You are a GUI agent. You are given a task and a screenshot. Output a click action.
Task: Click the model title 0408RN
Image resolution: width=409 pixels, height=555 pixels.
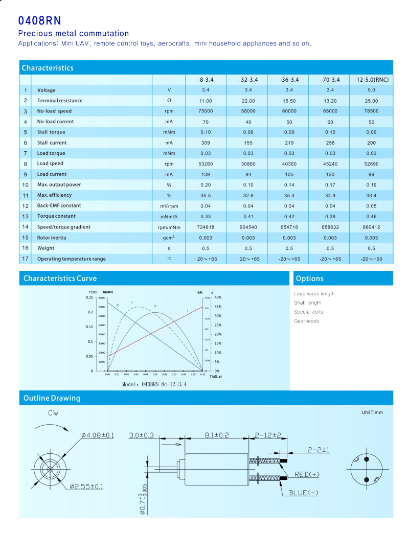tap(39, 20)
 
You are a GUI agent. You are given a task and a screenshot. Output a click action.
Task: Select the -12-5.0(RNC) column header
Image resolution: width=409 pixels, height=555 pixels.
tap(371, 80)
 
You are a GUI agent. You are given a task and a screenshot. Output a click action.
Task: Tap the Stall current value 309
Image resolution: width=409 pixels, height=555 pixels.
tap(206, 143)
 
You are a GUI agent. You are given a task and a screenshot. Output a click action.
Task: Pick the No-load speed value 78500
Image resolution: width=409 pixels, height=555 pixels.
tap(371, 111)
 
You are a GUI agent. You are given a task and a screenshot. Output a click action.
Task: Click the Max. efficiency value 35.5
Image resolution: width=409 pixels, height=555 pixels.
tap(206, 195)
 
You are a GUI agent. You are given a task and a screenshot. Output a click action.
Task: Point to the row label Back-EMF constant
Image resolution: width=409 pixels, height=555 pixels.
tap(59, 206)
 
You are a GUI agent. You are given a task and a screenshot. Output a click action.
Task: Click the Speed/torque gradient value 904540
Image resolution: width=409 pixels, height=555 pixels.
tap(248, 227)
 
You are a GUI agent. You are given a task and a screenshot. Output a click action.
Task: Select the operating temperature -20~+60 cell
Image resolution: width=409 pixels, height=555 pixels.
tap(371, 259)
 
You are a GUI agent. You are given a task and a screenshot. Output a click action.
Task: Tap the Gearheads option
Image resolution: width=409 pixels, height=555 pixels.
tap(306, 321)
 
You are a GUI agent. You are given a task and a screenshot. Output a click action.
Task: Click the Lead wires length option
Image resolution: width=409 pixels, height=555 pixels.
tap(314, 294)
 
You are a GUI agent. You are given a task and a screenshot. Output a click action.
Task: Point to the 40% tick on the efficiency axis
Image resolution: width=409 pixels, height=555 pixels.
tap(217, 297)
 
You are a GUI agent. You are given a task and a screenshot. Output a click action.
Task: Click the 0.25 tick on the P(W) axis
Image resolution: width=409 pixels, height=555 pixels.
tap(89, 297)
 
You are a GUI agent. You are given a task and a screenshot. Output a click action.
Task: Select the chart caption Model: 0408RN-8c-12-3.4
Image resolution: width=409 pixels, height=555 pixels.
tap(154, 384)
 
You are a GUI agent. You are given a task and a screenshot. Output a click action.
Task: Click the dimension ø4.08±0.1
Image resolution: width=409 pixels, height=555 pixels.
tap(97, 435)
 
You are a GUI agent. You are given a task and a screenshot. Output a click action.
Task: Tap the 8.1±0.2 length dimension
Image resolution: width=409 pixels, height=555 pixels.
tap(217, 435)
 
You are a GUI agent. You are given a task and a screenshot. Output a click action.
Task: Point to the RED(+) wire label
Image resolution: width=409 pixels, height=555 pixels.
tap(307, 475)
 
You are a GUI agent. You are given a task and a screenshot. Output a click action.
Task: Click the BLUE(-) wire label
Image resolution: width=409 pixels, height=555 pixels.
tap(304, 493)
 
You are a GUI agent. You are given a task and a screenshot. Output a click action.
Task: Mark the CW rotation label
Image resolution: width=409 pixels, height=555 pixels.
tap(53, 413)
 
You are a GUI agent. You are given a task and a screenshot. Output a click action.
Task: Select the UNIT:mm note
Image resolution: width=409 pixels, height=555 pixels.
tap(372, 412)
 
